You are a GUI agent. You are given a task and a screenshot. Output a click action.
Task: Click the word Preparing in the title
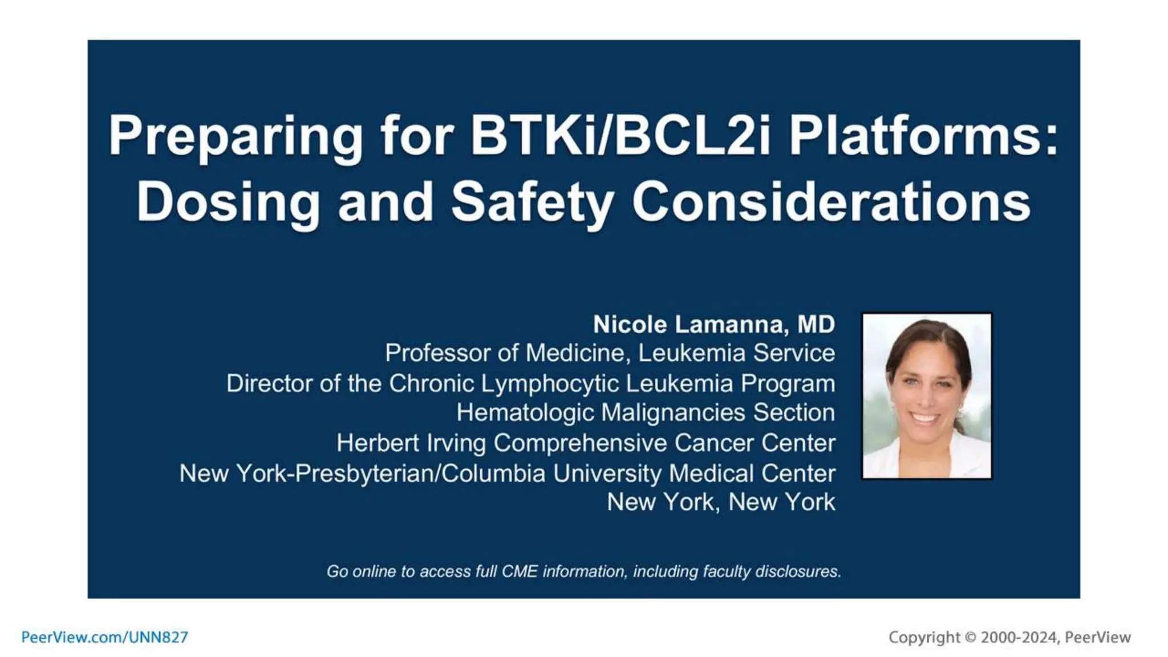click(236, 137)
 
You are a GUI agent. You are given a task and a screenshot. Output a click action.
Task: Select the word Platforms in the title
click(923, 137)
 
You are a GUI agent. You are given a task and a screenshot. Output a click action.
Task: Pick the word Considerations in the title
click(831, 202)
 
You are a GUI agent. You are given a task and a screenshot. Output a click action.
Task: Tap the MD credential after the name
click(816, 325)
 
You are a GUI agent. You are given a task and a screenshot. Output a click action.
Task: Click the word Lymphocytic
click(550, 384)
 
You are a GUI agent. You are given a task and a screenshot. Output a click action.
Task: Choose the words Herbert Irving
click(411, 443)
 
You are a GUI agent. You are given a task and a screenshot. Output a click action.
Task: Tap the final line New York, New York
click(721, 502)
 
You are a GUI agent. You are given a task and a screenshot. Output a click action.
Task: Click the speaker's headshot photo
click(926, 396)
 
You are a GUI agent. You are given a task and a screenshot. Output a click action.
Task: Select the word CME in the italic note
click(520, 571)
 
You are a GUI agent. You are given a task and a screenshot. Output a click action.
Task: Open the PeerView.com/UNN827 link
click(104, 637)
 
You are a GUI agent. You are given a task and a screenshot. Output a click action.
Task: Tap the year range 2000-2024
click(1019, 638)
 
